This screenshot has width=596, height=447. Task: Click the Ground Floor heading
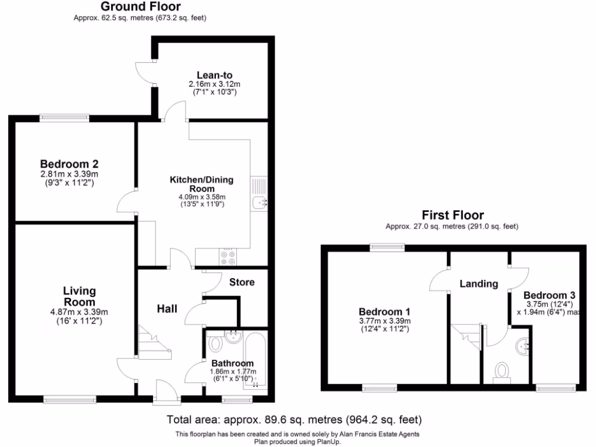click(140, 7)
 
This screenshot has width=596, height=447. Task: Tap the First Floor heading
click(453, 215)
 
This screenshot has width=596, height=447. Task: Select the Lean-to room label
click(214, 75)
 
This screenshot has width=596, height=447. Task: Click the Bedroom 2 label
click(69, 164)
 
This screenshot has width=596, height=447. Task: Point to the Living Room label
click(79, 297)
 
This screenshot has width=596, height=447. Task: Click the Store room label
click(242, 282)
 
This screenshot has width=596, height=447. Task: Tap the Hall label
click(167, 308)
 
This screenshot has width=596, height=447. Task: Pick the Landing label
click(478, 284)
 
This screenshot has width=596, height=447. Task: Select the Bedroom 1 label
click(385, 311)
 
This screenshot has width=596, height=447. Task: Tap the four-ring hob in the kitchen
click(227, 257)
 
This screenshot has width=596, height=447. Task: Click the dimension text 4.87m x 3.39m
click(79, 313)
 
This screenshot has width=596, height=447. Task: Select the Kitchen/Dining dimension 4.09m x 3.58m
click(201, 197)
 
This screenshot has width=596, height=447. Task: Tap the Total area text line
click(294, 419)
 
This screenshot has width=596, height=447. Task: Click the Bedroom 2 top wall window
click(64, 118)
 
